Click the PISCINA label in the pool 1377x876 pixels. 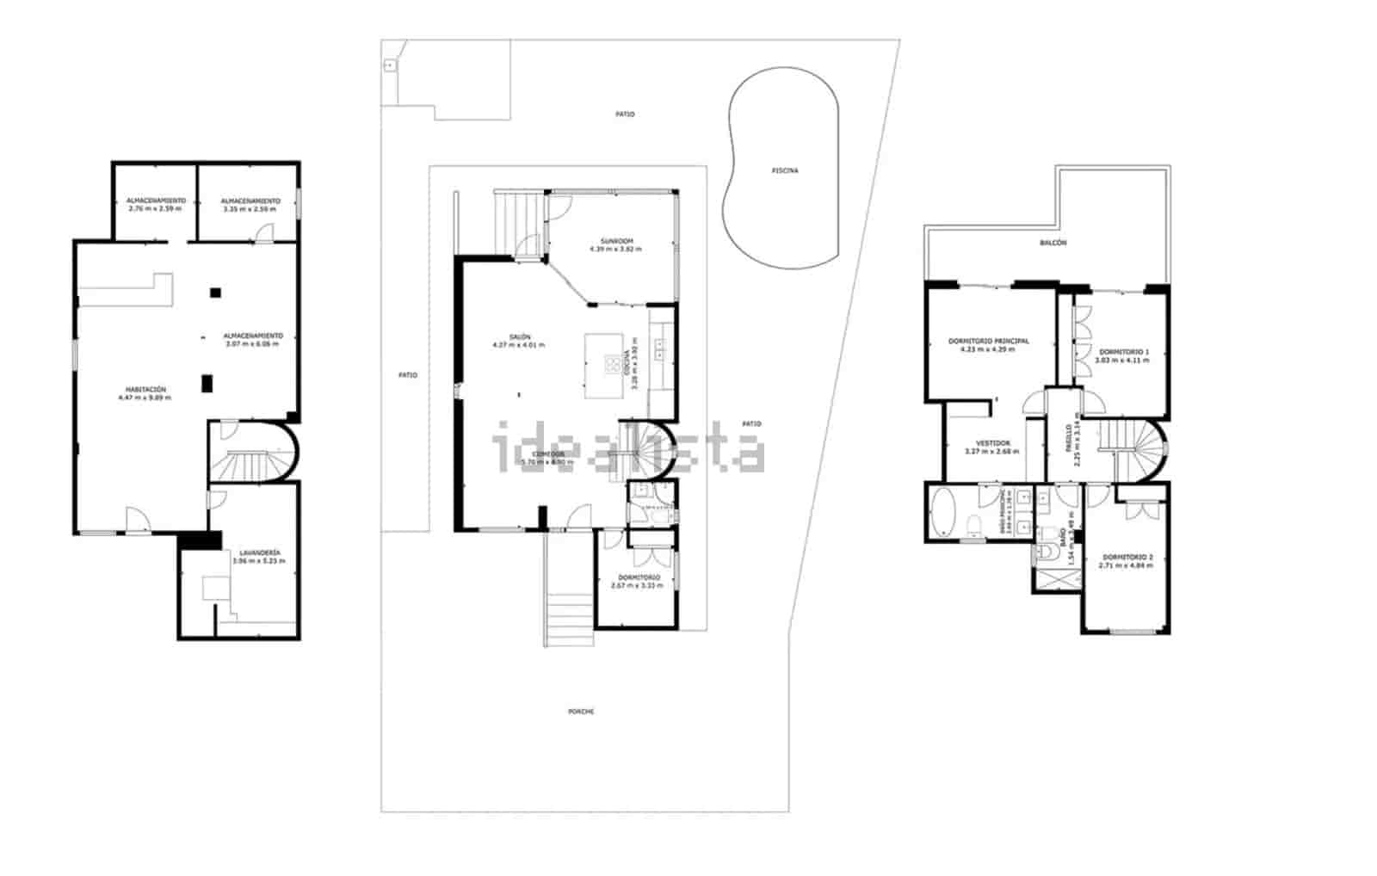pyautogui.click(x=784, y=170)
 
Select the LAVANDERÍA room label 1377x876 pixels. pyautogui.click(x=258, y=552)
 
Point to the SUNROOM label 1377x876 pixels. pyautogui.click(x=615, y=241)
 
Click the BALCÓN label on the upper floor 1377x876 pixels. pyautogui.click(x=1053, y=243)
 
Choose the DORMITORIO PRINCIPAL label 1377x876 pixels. pyautogui.click(x=988, y=342)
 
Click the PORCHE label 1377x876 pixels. pyautogui.click(x=581, y=712)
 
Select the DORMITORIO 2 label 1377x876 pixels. pyautogui.click(x=1125, y=558)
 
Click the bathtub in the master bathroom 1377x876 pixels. pyautogui.click(x=942, y=513)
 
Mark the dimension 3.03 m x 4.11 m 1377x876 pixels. pyautogui.click(x=1121, y=361)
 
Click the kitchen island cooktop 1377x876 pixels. pyautogui.click(x=615, y=365)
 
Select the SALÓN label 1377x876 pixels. pyautogui.click(x=518, y=337)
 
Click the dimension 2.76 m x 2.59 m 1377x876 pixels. pyautogui.click(x=155, y=208)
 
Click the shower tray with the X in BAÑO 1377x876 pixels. pyautogui.click(x=1057, y=578)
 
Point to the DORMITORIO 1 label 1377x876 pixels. pyautogui.click(x=1122, y=352)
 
